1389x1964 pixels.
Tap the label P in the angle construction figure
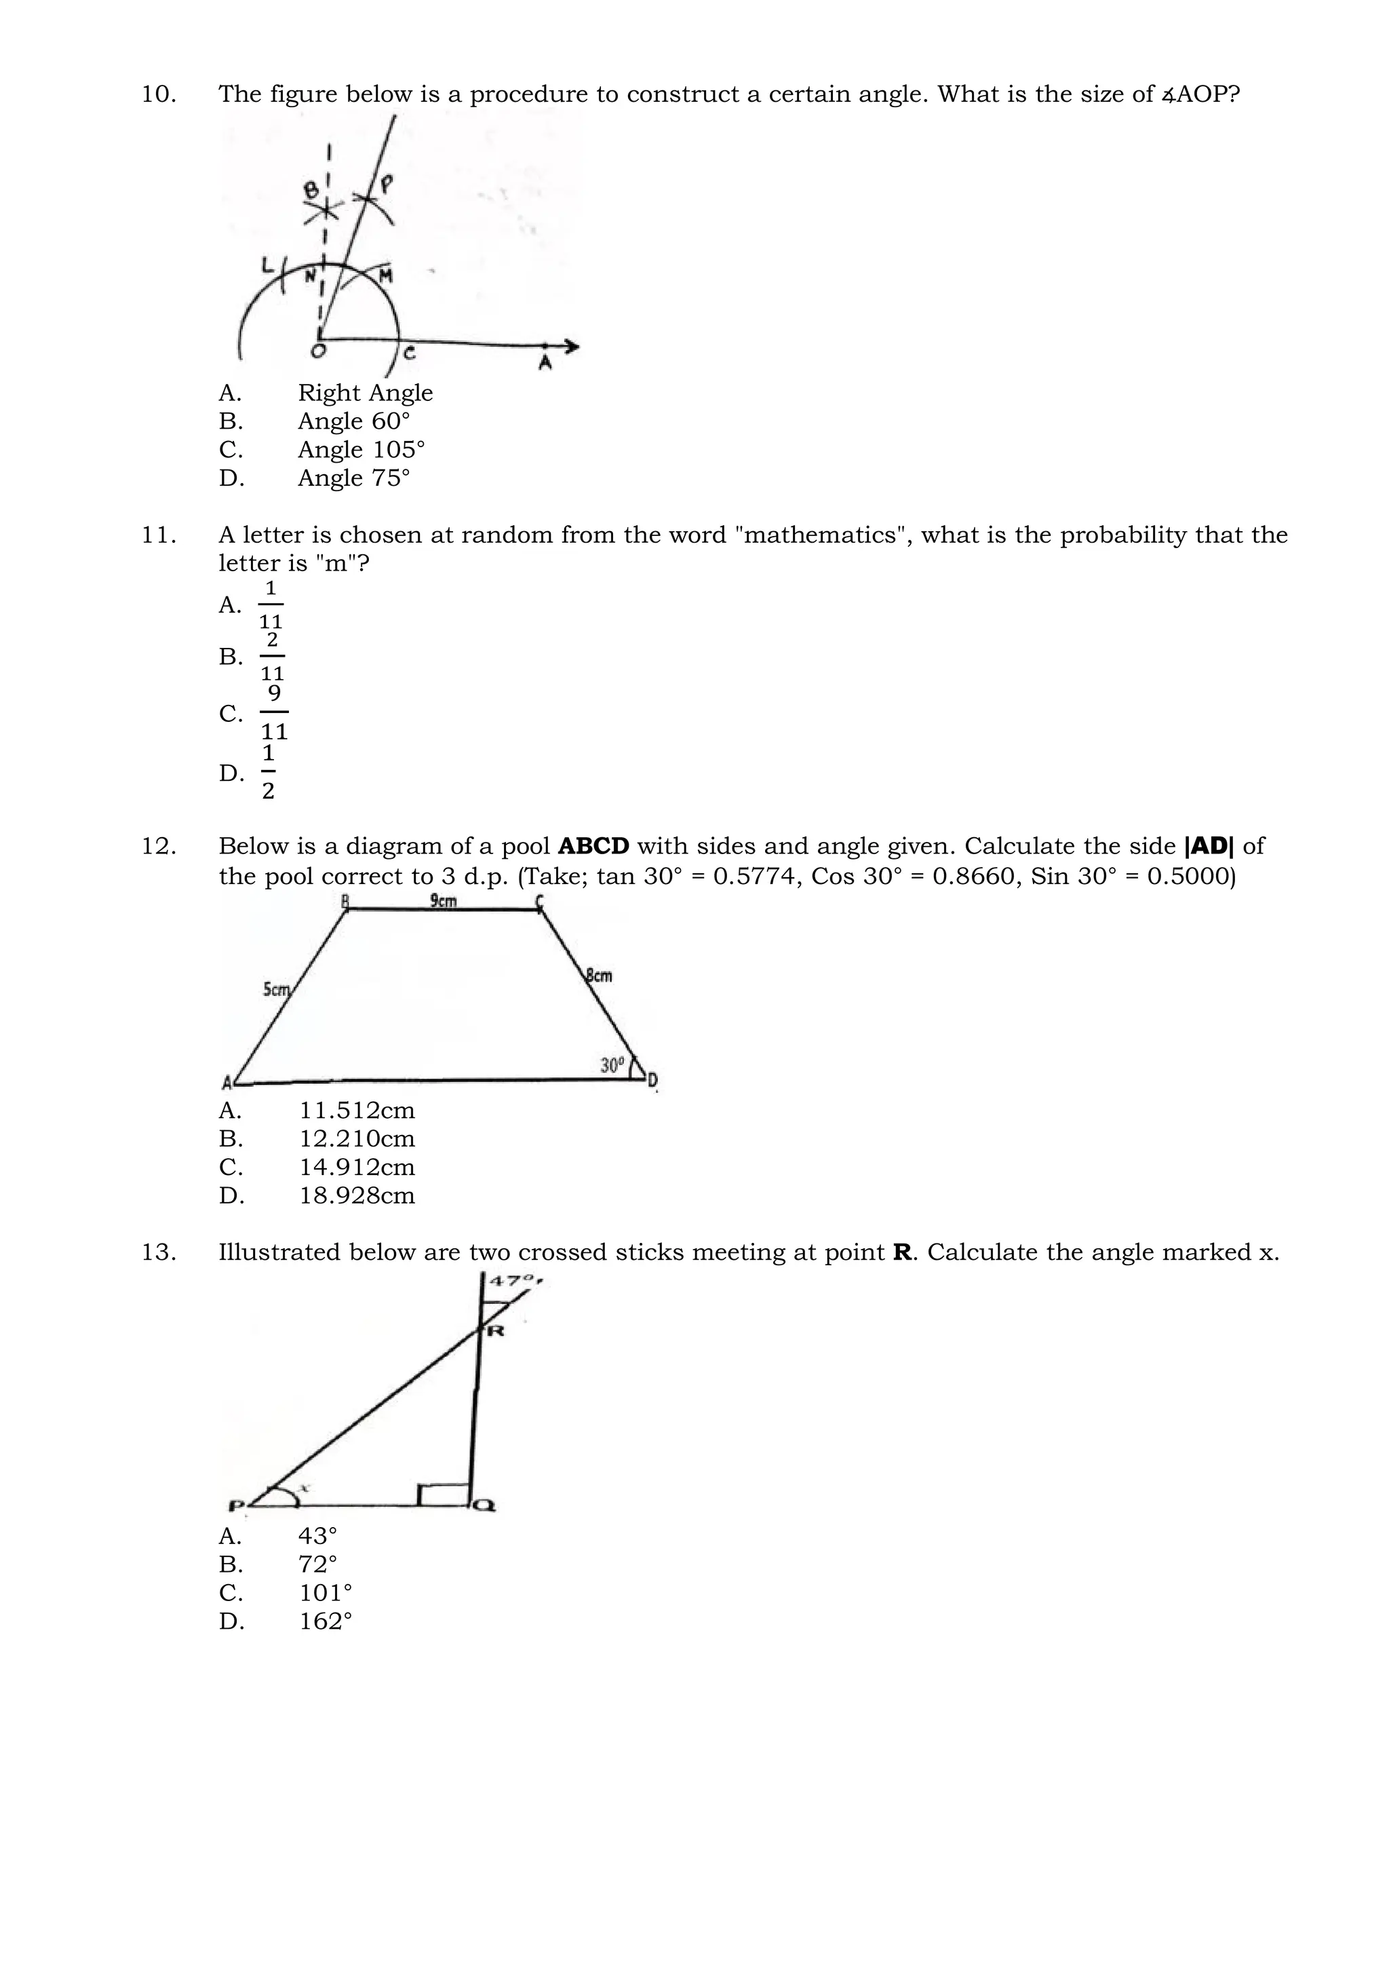click(x=387, y=183)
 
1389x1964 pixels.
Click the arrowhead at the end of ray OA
click(x=571, y=347)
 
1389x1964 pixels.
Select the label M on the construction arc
click(x=386, y=276)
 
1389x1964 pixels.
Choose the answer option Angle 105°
click(x=361, y=449)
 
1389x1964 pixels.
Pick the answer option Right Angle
click(x=365, y=393)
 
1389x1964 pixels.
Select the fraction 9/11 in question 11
click(x=274, y=712)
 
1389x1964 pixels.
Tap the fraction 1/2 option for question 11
click(x=269, y=771)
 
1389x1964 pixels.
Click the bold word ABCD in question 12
click(x=593, y=846)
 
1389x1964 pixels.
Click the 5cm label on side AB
click(x=276, y=990)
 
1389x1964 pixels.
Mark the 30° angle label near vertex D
click(x=612, y=1065)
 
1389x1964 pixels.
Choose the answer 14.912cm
click(x=357, y=1167)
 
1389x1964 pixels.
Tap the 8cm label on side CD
click(x=600, y=975)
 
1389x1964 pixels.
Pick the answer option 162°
click(x=326, y=1621)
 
